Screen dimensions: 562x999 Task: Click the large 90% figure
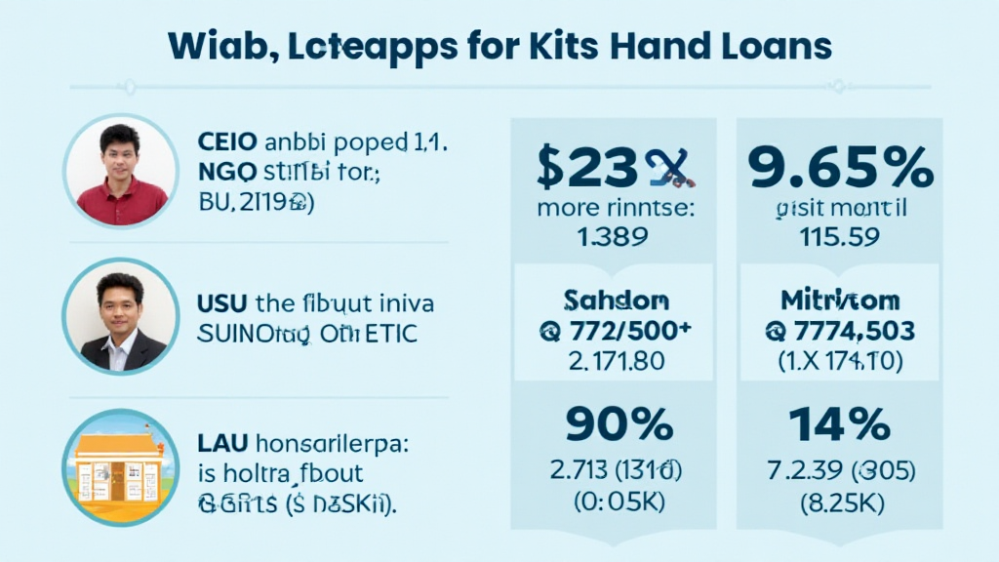pos(618,424)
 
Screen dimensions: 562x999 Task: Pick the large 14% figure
pos(840,424)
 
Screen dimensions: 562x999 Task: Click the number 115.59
pos(840,235)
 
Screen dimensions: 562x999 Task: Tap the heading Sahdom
pos(616,300)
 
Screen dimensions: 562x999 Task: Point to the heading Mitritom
pos(840,300)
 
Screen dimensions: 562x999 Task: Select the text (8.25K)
pos(840,504)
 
